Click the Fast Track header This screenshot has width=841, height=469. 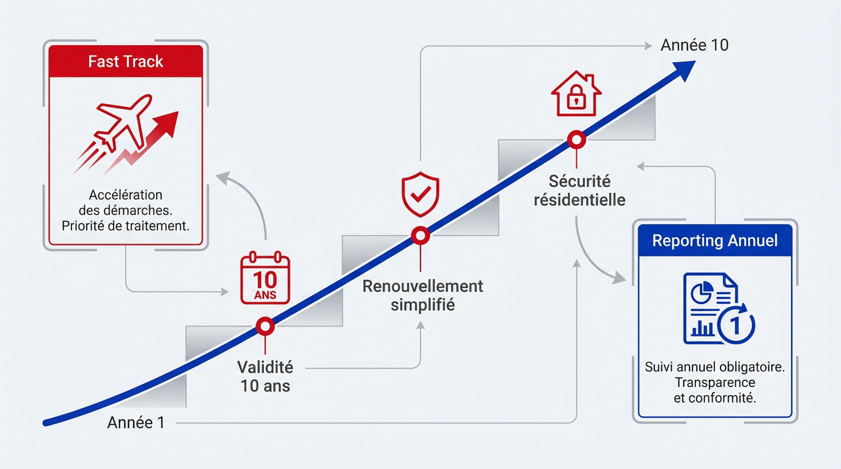coord(126,62)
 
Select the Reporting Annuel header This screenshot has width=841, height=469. coord(715,241)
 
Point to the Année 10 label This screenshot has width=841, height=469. coord(694,45)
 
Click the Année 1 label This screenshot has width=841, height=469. coord(136,423)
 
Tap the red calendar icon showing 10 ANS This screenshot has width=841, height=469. coord(265,278)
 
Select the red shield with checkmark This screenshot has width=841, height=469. coord(420,194)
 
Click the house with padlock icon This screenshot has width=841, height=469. coord(576,93)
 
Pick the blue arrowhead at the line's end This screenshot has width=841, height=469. coord(683,70)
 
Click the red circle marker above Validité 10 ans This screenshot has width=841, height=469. coord(265,326)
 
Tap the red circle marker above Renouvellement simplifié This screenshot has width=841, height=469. coord(420,236)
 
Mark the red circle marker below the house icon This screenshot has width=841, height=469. coord(576,140)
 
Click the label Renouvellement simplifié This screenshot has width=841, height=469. coord(423,296)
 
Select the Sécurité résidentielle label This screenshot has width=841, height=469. coord(579,191)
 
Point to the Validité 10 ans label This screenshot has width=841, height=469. coord(265,376)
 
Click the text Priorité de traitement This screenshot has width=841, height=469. coord(126,226)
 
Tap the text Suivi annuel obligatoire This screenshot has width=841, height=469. coord(715,366)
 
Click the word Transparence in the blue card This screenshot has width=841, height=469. coord(715,382)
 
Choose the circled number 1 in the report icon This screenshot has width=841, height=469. coord(736,325)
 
